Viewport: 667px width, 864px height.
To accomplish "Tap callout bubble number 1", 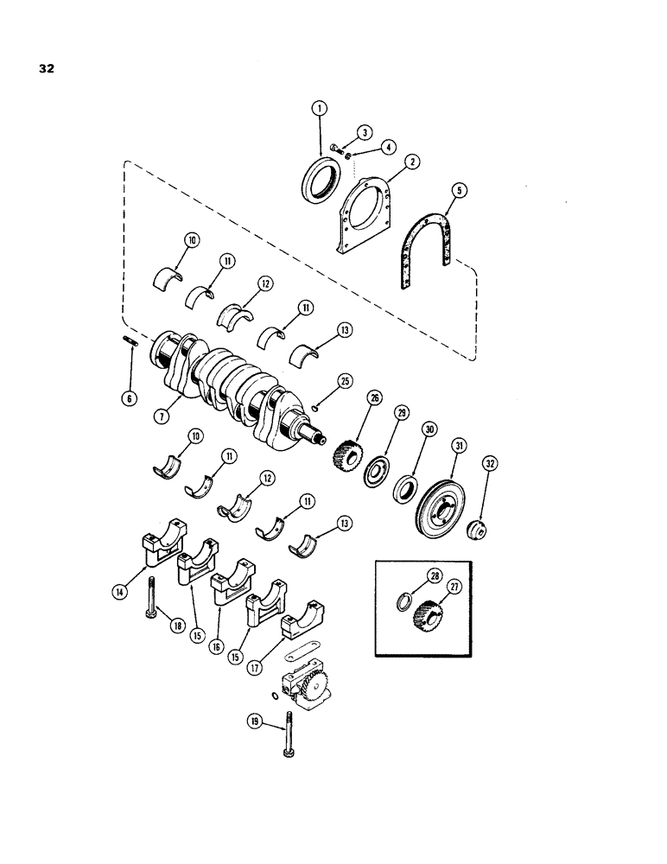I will click(x=319, y=110).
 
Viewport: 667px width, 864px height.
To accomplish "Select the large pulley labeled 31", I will click(x=441, y=498).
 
